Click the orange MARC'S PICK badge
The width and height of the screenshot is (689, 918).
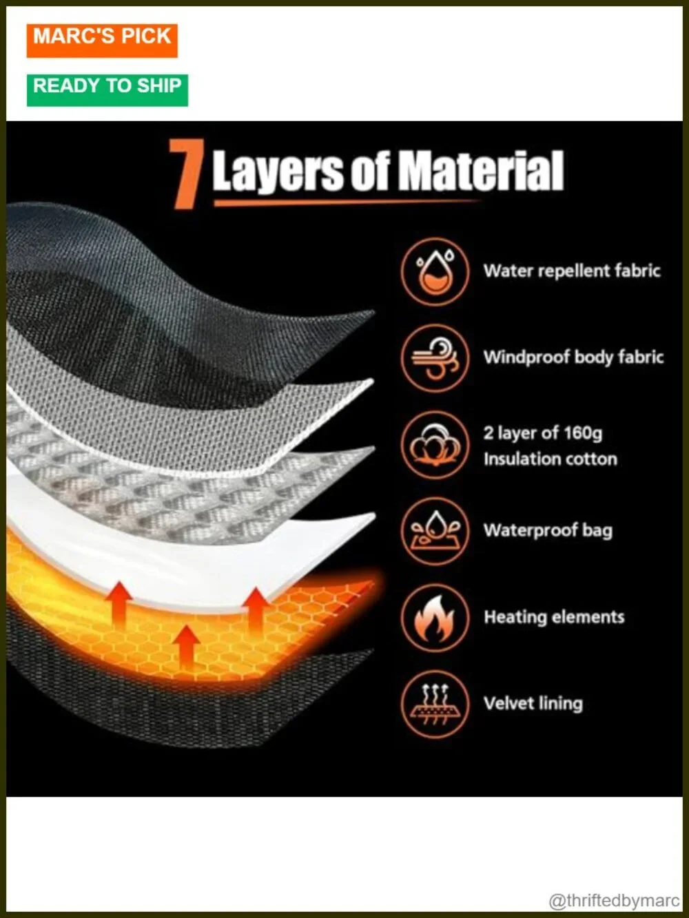(x=102, y=41)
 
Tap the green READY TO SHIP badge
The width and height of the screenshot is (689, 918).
(x=107, y=90)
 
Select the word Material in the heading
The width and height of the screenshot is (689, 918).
(x=480, y=171)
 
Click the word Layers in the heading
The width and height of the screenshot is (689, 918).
(x=278, y=172)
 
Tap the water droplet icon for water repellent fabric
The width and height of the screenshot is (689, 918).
(x=435, y=271)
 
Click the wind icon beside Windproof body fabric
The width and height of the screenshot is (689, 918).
(x=435, y=358)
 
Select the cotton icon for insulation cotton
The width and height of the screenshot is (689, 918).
(x=435, y=445)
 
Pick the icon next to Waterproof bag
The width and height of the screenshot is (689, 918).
(x=435, y=531)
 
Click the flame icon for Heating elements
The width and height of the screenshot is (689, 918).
(x=435, y=618)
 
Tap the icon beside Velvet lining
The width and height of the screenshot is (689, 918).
(x=435, y=705)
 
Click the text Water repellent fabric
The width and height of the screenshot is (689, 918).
(x=572, y=271)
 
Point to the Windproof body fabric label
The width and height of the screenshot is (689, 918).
(x=573, y=357)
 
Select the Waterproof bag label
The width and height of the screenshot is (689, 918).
(x=548, y=530)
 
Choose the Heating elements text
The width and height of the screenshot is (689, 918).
(x=554, y=617)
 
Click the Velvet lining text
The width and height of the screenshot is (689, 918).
(x=533, y=703)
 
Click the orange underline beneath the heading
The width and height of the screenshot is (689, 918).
(x=347, y=202)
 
